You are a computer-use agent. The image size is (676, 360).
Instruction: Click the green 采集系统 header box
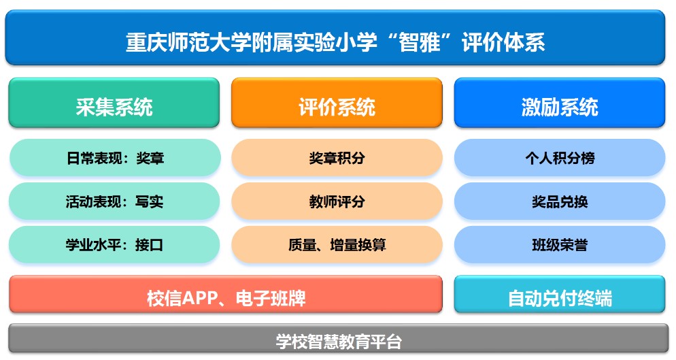click(x=114, y=103)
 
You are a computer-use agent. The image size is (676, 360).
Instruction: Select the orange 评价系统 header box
click(x=337, y=103)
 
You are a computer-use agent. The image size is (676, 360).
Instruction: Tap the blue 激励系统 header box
click(x=560, y=103)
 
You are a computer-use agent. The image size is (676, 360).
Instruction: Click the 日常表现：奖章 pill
click(x=115, y=158)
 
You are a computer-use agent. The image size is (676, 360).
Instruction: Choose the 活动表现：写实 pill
click(x=114, y=201)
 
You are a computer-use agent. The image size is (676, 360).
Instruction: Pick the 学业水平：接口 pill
click(x=114, y=245)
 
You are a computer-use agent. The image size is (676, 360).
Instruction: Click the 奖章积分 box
click(x=337, y=158)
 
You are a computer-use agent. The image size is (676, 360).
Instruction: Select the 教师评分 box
click(x=337, y=201)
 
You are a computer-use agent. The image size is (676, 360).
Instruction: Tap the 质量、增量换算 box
click(x=337, y=245)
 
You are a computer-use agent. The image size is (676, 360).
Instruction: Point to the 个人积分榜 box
click(x=560, y=158)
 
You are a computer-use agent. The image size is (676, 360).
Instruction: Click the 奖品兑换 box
click(x=560, y=201)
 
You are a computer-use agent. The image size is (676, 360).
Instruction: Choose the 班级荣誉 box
click(x=560, y=245)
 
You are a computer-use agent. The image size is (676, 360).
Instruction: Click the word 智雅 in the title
click(x=419, y=42)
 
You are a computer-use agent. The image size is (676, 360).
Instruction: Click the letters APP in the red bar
click(x=200, y=298)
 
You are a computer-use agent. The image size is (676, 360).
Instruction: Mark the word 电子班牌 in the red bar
click(x=271, y=298)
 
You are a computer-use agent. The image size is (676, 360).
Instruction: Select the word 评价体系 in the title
click(x=503, y=42)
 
